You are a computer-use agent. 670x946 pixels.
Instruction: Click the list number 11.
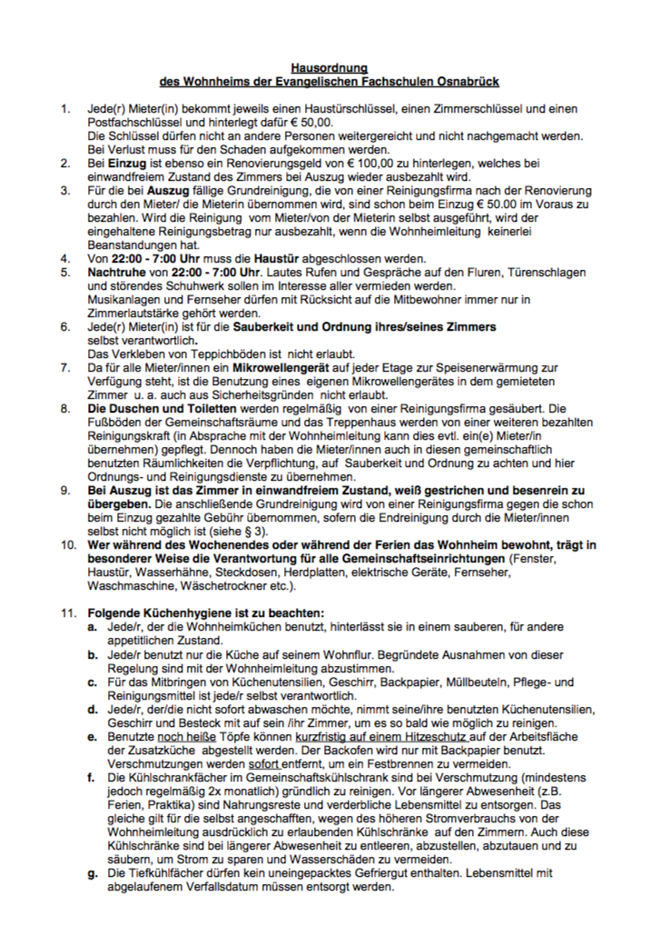coord(66,612)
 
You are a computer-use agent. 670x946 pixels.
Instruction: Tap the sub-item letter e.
coord(92,738)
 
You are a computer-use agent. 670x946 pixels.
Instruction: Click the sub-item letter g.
coord(92,872)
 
